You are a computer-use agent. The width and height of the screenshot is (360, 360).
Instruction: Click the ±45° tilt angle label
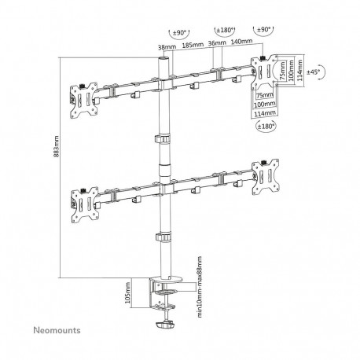pos(313,72)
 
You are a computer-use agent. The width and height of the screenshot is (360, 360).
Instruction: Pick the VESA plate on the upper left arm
pos(80,95)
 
